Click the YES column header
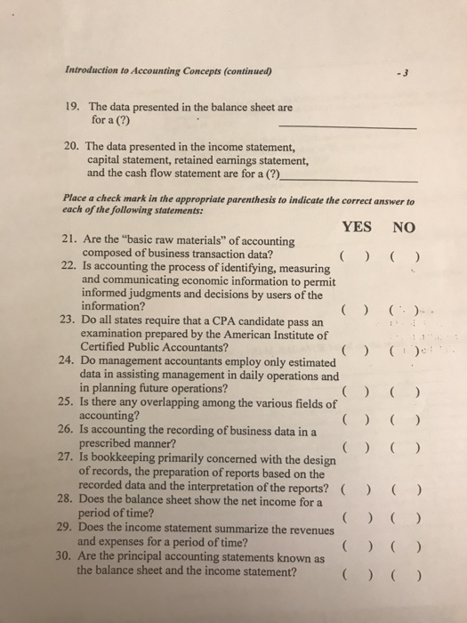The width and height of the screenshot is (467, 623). point(356,227)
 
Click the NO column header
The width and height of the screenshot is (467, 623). point(403,227)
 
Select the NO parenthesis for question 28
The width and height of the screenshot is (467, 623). point(403,514)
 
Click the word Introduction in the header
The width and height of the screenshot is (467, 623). point(93,73)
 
